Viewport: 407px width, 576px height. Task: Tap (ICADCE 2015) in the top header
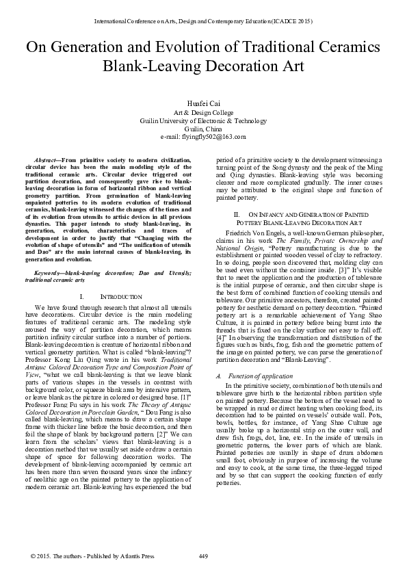point(291,21)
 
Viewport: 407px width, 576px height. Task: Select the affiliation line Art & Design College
point(203,111)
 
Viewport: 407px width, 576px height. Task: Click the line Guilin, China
point(203,128)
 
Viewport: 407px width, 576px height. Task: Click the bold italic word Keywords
point(45,273)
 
